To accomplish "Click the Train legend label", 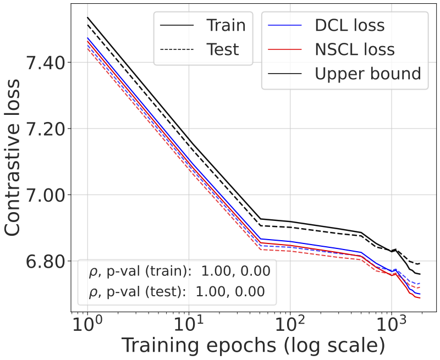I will tap(226, 25).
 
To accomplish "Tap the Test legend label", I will tap(223, 49).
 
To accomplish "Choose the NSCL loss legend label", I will tap(355, 49).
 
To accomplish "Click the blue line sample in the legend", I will tap(285, 25).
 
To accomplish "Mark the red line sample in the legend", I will tap(285, 49).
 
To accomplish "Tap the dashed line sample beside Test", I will tap(177, 49).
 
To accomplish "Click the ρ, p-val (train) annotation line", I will tap(179, 271).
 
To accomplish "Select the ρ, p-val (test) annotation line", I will tap(177, 292).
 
